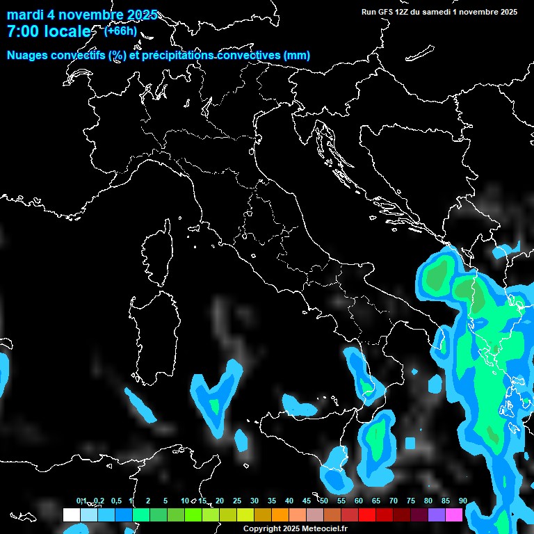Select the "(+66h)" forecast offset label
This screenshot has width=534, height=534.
(120, 31)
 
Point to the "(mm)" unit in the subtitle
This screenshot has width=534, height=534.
(297, 56)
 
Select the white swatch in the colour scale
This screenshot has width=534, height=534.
(71, 515)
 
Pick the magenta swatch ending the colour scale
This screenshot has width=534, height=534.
(454, 515)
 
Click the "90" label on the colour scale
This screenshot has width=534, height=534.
(462, 501)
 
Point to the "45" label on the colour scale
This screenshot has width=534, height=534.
(307, 501)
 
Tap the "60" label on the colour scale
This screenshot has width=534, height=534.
(359, 501)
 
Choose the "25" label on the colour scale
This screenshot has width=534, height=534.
(237, 501)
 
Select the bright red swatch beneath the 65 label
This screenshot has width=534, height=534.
(367, 515)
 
